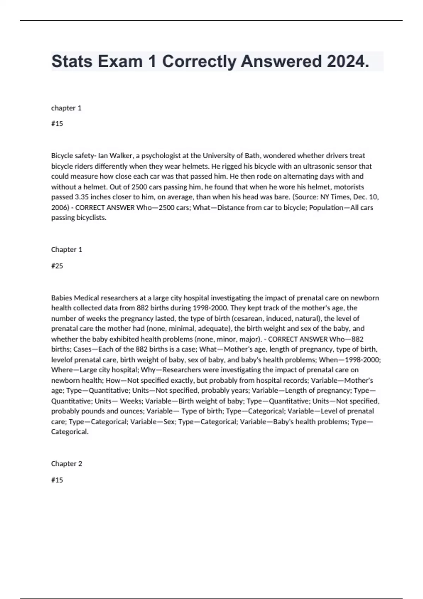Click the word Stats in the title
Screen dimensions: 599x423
click(72, 62)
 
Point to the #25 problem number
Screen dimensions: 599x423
click(57, 266)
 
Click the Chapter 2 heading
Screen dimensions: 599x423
click(67, 464)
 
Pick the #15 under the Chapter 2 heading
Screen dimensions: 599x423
click(57, 480)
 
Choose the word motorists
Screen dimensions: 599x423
click(349, 187)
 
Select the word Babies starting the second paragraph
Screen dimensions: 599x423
click(62, 298)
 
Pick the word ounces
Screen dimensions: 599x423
click(132, 411)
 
